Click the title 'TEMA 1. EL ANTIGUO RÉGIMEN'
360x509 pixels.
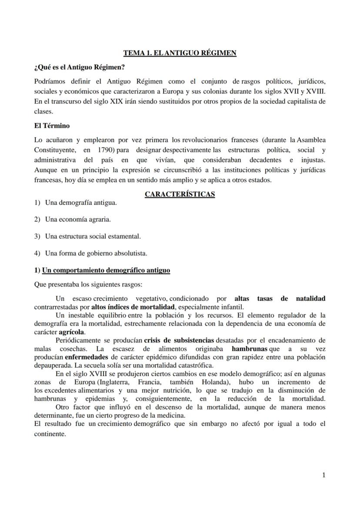[x=180, y=53]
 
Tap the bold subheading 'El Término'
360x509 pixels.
[x=52, y=126]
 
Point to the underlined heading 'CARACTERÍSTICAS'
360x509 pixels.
[x=180, y=194]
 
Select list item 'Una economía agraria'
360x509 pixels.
[x=78, y=220]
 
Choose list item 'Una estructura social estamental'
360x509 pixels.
[x=93, y=236]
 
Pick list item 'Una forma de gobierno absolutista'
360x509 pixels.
[x=96, y=253]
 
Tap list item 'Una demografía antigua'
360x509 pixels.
[x=81, y=203]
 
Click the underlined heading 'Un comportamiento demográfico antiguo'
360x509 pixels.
[x=106, y=270]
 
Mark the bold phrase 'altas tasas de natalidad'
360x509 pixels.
[x=280, y=299]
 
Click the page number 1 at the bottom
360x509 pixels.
[x=323, y=475]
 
